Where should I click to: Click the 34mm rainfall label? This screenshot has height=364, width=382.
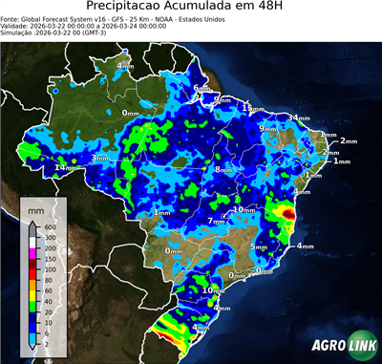click(x=301, y=118)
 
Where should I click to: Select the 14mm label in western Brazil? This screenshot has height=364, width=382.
click(x=65, y=167)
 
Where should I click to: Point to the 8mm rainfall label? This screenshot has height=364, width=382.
click(x=223, y=169)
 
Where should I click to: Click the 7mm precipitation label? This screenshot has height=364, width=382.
click(x=218, y=222)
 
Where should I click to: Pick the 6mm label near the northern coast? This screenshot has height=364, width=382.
click(x=202, y=89)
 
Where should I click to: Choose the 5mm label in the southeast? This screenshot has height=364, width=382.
click(x=258, y=246)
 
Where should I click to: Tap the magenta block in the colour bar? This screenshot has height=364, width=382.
click(x=33, y=250)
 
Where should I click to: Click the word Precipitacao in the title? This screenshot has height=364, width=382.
click(x=135, y=9)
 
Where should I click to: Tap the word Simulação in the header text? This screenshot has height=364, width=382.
click(x=17, y=32)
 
